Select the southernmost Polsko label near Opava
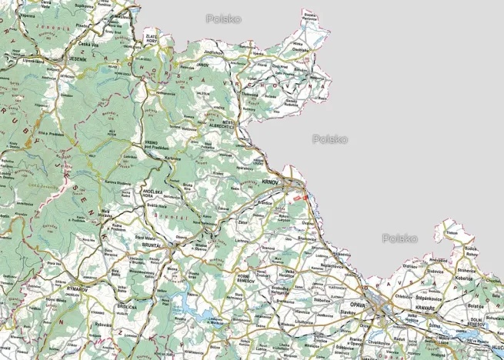400,238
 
